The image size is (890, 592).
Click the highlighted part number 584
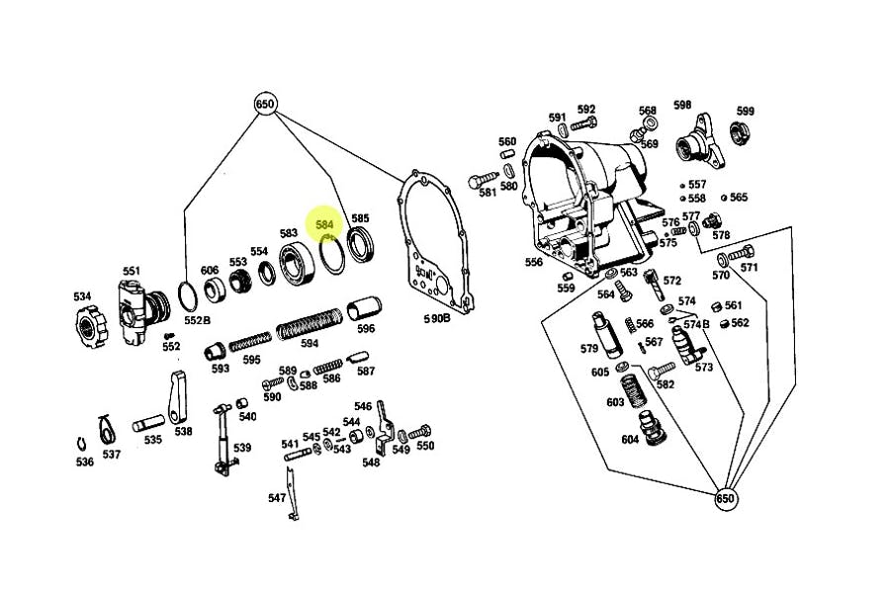324,224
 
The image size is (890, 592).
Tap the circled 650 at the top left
265,105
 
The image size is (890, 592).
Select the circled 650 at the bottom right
726,498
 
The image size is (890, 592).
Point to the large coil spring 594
310,324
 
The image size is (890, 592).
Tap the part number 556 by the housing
534,263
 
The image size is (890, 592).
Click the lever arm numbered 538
178,397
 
